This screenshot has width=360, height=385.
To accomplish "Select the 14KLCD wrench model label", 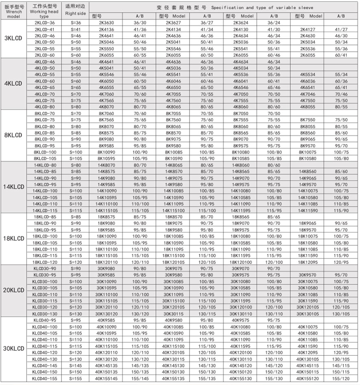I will pos(13,187).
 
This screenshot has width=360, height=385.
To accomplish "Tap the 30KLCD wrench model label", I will pos(13,349).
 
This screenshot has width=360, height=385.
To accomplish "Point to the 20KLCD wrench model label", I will pos(13,291).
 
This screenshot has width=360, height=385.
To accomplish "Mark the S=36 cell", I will pos(76,23).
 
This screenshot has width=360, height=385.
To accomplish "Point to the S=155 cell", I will pos(76,378).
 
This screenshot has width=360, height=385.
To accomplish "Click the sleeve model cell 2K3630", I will pos(107,23).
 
